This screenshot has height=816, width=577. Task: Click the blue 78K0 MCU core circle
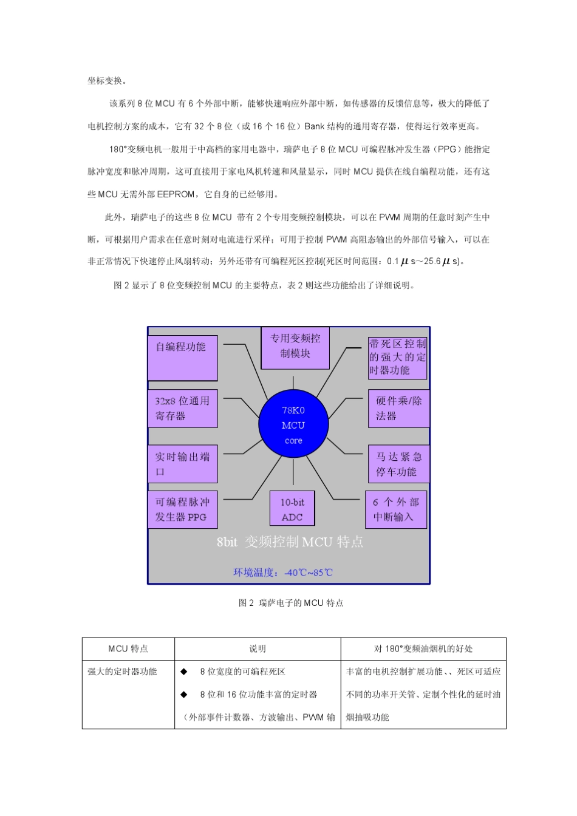coord(293,425)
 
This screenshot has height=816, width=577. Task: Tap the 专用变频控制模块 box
coord(295,348)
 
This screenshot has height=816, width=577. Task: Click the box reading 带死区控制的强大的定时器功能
coord(398,358)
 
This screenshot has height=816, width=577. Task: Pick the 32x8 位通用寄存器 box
coord(182,408)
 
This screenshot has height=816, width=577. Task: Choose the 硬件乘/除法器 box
coord(398,408)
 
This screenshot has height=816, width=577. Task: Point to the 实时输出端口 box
coord(182,464)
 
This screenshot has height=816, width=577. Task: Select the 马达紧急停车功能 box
coord(398,464)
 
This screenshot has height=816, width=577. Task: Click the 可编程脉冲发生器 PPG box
coord(182,509)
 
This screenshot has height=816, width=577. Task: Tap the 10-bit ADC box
coord(292,509)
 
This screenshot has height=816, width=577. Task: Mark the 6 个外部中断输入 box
coord(396,509)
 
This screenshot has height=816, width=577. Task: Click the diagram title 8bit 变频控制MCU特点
coord(290,542)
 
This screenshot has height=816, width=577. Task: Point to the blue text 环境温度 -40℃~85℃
coord(283,573)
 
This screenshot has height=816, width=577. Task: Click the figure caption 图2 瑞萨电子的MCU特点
coord(291,603)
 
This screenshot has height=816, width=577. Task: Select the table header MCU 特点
coord(128,649)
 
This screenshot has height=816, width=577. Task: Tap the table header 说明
coord(258,649)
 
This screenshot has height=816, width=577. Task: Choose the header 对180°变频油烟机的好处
coord(423,649)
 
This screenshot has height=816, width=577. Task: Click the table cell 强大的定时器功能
coord(123,671)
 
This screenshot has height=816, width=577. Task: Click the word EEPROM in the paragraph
coord(176,194)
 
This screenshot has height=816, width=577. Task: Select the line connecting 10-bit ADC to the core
coord(293,475)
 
